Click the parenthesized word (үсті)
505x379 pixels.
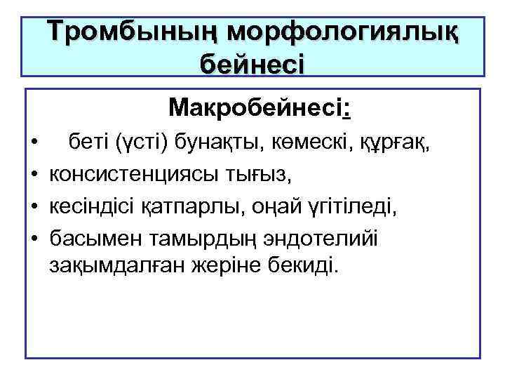[x=136, y=145]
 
